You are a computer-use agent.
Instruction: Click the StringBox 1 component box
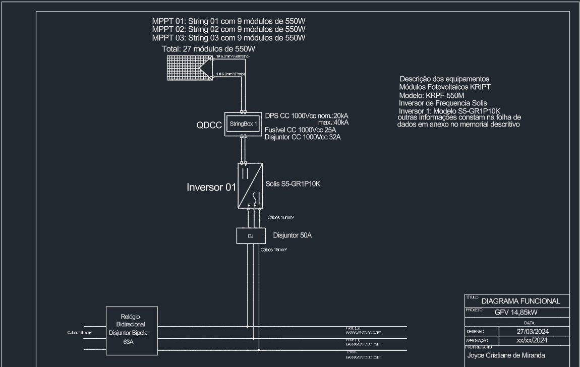click(x=243, y=124)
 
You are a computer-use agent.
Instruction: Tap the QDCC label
click(x=209, y=126)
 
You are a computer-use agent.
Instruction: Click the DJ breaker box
click(x=251, y=235)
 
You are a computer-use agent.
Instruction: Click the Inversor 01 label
click(x=211, y=188)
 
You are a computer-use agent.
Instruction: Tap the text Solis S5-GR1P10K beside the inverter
click(x=293, y=185)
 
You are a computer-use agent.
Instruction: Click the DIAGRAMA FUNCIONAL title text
click(x=521, y=301)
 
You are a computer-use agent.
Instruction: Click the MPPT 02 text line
click(x=228, y=29)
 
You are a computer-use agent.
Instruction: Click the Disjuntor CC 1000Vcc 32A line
click(x=303, y=137)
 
